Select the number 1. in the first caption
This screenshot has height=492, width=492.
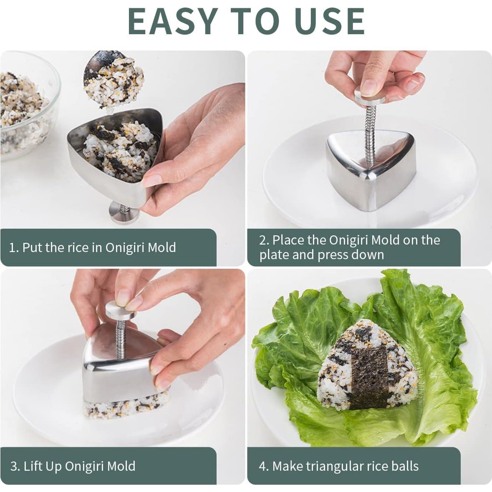14,248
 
